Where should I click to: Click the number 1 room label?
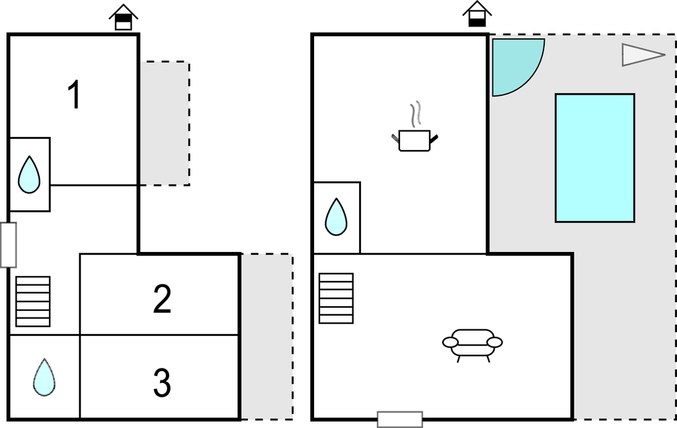[x=75, y=95]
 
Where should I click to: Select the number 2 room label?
[x=163, y=298]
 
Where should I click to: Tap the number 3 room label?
[x=163, y=382]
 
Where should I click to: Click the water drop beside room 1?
[x=29, y=175]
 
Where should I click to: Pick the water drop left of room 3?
[x=44, y=378]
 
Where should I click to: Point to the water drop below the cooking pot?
[x=336, y=217]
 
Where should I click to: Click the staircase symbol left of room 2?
[x=33, y=302]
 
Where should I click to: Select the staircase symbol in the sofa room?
[x=337, y=298]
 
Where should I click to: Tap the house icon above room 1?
[x=124, y=17]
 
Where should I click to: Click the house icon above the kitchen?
[x=477, y=14]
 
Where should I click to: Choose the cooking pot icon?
[x=415, y=140]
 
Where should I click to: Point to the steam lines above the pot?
[x=415, y=114]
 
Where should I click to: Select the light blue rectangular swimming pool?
[x=594, y=158]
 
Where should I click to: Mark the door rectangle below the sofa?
[x=400, y=419]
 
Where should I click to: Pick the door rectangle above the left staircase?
[x=8, y=245]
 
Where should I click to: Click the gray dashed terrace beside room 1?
[x=165, y=124]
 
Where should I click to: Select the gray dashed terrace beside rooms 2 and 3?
[x=267, y=337]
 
